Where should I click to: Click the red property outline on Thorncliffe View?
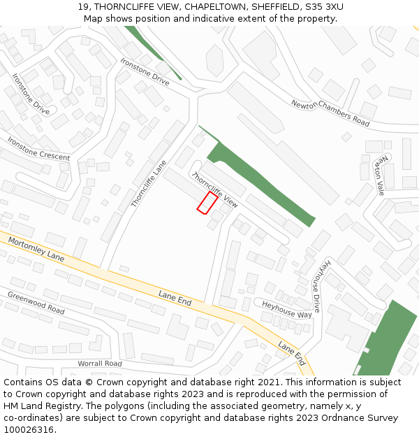coord(207,203)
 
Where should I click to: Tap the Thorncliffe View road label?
coord(215,189)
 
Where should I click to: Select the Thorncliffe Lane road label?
coord(149,185)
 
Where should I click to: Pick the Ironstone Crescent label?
coord(38,148)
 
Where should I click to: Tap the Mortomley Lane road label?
coord(36,249)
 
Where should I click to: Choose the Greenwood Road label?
coord(36,302)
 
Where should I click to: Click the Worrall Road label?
coord(99,364)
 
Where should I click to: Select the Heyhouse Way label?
coord(286,309)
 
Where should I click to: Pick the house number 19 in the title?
coord(83,7)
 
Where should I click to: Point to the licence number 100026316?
coord(28,430)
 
